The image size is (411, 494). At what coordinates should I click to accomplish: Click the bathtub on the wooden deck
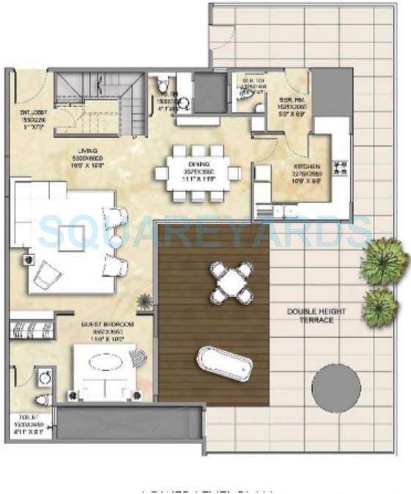pos(224,363)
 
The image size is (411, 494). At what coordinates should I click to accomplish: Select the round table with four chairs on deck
pos(231,282)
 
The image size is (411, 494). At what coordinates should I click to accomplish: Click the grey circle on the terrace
pos(336,388)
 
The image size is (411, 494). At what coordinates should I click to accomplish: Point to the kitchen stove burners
pos(339,168)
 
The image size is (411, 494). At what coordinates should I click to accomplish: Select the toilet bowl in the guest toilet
pos(42,399)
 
